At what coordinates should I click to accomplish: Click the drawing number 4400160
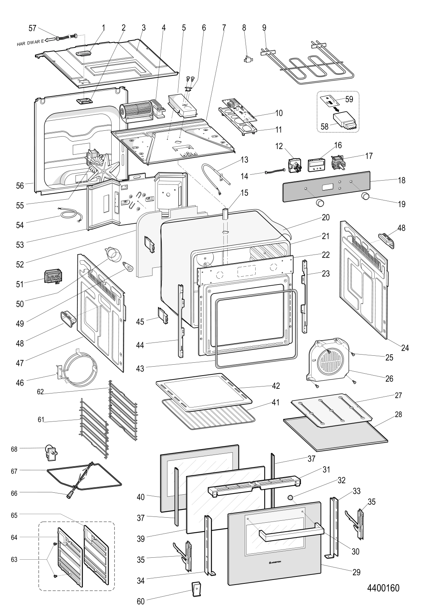(383, 588)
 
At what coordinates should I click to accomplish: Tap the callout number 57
(33, 28)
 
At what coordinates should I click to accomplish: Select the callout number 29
(356, 572)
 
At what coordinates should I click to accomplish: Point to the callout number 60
(140, 601)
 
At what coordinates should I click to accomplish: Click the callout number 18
(402, 180)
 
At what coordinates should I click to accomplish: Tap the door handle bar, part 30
(289, 530)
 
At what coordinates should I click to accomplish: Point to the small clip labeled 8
(246, 60)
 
